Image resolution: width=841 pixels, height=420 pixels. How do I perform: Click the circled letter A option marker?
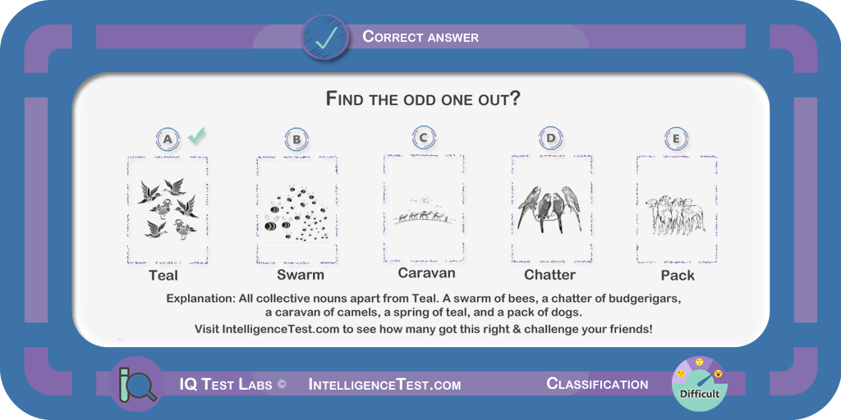pyautogui.click(x=168, y=139)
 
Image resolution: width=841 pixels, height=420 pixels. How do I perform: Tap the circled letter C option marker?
pyautogui.click(x=424, y=137)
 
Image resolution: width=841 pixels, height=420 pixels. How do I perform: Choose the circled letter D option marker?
pyautogui.click(x=550, y=138)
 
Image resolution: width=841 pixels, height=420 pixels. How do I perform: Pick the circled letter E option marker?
pyautogui.click(x=676, y=138)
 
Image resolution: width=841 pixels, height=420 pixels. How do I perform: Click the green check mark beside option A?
pyautogui.click(x=196, y=136)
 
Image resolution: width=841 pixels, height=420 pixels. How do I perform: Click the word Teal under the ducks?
pyautogui.click(x=163, y=276)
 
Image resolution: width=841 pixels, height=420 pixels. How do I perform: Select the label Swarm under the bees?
pyautogui.click(x=301, y=276)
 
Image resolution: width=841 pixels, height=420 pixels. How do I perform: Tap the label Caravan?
pyautogui.click(x=426, y=273)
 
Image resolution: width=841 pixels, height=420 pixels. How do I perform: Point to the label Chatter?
pyautogui.click(x=549, y=275)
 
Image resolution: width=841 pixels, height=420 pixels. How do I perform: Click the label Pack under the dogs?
pyautogui.click(x=678, y=276)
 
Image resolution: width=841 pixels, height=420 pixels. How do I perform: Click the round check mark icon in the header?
pyautogui.click(x=325, y=37)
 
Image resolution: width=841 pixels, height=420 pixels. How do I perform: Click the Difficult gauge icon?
pyautogui.click(x=700, y=384)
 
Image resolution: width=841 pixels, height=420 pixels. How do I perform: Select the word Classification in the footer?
pyautogui.click(x=597, y=384)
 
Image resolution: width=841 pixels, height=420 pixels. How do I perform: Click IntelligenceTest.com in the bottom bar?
pyautogui.click(x=384, y=385)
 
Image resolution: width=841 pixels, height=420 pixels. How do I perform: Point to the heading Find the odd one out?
pyautogui.click(x=423, y=99)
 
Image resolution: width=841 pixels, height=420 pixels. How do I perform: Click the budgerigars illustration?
pyautogui.click(x=550, y=208)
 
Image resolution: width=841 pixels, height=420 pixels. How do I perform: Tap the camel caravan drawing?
pyautogui.click(x=425, y=211)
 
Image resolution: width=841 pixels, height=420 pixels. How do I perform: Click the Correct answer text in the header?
pyautogui.click(x=420, y=36)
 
